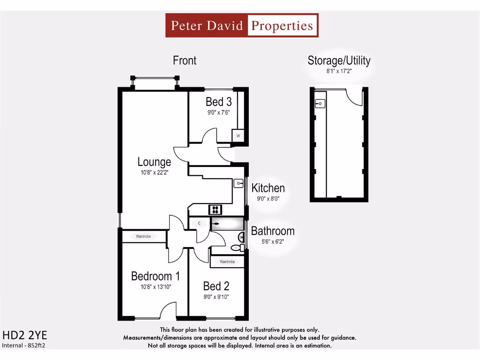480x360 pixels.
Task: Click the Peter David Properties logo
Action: (x=242, y=25)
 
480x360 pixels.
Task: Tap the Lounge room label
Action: (x=154, y=162)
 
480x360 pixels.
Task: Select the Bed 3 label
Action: (x=218, y=102)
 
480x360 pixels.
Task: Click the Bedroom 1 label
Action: (x=155, y=276)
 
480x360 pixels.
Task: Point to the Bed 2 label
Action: (x=216, y=286)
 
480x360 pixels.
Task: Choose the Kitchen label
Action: (x=268, y=188)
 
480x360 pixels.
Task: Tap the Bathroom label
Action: (x=273, y=231)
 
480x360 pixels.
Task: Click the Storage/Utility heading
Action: (x=339, y=60)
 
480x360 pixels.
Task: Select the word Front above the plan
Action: (x=185, y=60)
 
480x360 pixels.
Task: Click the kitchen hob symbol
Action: (x=216, y=210)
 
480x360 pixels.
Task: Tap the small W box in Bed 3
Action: (x=238, y=136)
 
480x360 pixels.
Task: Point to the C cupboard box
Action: (x=199, y=224)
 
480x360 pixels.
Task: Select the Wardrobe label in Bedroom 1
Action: (x=143, y=237)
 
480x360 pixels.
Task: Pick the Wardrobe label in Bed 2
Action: (x=227, y=262)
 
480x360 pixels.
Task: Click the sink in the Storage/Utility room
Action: (x=321, y=103)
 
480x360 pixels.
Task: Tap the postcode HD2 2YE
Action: (x=25, y=336)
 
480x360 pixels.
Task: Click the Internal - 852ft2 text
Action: (x=27, y=345)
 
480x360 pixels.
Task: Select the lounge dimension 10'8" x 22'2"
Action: (x=154, y=172)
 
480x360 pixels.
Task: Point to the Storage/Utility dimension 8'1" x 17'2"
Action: (x=339, y=71)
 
